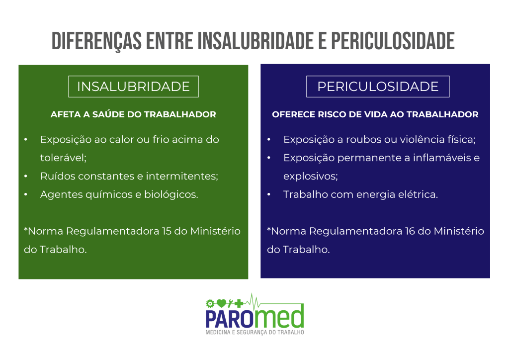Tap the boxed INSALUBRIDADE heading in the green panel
[x=133, y=87]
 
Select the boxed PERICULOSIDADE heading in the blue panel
[x=378, y=87]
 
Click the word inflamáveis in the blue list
[x=440, y=158]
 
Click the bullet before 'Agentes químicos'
[x=26, y=194]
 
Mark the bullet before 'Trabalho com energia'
[x=269, y=194]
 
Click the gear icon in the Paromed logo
[x=210, y=302]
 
